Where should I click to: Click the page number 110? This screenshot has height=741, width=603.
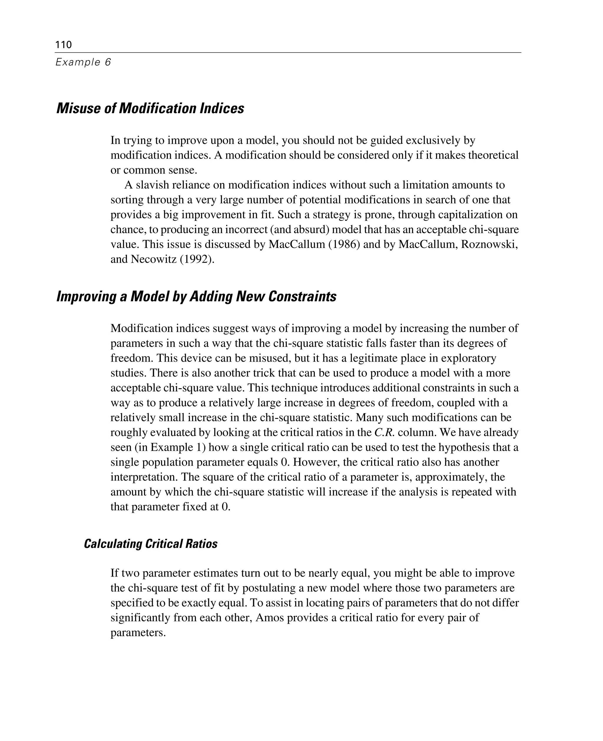[x=64, y=45]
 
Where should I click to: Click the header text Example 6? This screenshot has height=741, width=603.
[x=83, y=62]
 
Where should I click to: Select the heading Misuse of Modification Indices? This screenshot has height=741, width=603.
[x=150, y=108]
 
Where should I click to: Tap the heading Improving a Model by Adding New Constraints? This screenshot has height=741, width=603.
[x=196, y=297]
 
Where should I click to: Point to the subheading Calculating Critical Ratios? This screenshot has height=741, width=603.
[x=151, y=544]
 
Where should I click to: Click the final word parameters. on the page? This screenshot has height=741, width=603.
[x=138, y=633]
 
